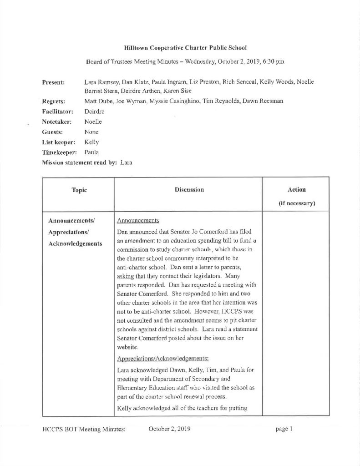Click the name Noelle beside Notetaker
93,122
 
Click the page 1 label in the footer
284,429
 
